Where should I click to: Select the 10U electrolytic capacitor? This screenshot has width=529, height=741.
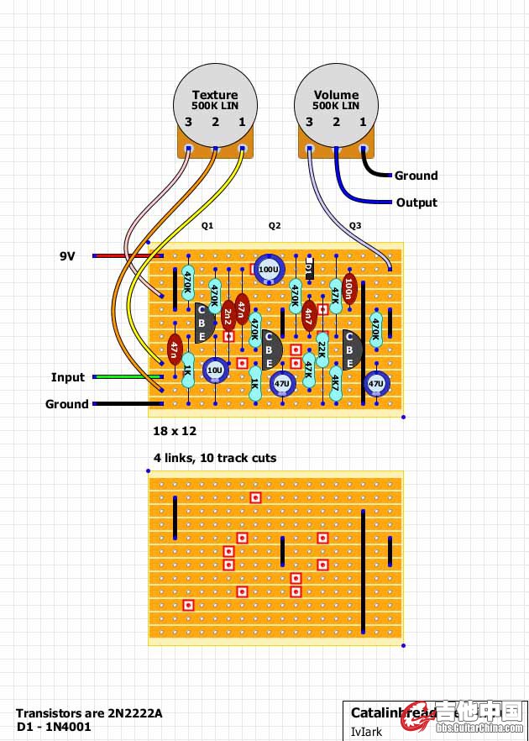coord(215,370)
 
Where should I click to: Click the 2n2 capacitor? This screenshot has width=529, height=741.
coord(228,316)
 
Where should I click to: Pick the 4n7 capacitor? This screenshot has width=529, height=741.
coord(308,316)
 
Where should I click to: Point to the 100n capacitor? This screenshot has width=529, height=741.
coord(349,289)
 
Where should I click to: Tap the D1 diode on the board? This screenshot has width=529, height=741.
coord(308,269)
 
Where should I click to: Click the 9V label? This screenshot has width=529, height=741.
coord(67,255)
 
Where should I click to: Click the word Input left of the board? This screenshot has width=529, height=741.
coord(69,377)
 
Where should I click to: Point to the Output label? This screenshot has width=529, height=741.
coord(416,202)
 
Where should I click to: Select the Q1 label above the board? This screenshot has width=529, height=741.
coord(207,226)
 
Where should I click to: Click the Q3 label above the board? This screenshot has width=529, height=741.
coord(355,226)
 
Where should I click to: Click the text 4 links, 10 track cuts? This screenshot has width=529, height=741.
coord(215,458)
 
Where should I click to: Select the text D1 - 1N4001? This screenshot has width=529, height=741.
coord(54,726)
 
